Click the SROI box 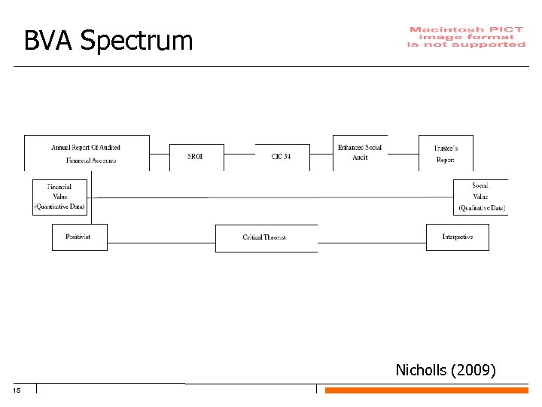point(196,156)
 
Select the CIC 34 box point(282,156)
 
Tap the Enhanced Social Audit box point(360,152)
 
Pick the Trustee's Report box point(446,154)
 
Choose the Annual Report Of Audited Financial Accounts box point(87,153)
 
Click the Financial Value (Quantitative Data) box point(59,196)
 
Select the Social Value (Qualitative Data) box point(480,196)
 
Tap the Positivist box point(79,237)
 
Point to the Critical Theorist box point(265,237)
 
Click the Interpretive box point(457,237)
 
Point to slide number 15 point(17,390)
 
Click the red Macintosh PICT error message point(466,37)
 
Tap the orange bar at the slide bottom point(426,390)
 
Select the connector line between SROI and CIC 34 point(239,154)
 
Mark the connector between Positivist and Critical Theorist point(161,243)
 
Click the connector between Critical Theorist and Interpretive point(372,243)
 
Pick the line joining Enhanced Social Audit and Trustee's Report point(403,154)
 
